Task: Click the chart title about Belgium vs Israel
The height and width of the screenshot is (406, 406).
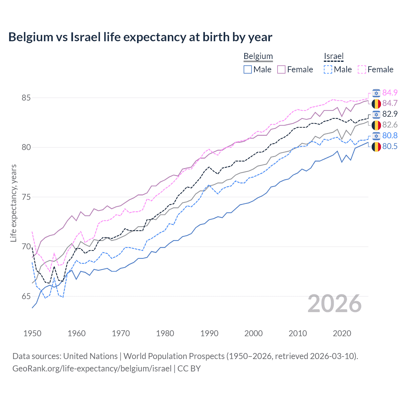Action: click(140, 37)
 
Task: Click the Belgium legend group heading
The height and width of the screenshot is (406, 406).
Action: click(258, 56)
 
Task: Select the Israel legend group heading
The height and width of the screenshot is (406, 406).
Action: click(333, 56)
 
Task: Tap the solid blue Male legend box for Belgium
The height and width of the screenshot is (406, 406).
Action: click(248, 69)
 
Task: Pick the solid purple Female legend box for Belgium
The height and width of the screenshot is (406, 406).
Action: click(281, 69)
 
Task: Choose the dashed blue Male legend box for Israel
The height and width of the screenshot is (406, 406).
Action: click(328, 69)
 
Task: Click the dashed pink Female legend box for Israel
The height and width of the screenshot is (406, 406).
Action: click(362, 69)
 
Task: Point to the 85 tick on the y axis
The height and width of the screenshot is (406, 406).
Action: click(26, 98)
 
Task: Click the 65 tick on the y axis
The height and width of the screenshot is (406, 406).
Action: click(26, 296)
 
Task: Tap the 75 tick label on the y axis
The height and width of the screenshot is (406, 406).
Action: click(26, 197)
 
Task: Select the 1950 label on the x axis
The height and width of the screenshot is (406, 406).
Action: click(32, 333)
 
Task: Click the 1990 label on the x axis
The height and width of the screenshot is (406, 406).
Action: click(209, 333)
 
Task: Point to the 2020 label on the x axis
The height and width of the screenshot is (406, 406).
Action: click(342, 333)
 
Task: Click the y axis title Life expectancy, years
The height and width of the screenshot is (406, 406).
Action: click(13, 203)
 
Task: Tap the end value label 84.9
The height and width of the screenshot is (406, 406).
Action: click(390, 93)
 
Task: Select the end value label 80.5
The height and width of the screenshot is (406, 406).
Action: click(390, 146)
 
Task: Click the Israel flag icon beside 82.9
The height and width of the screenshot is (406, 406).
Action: click(376, 114)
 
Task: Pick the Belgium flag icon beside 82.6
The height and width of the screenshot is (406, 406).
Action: click(376, 125)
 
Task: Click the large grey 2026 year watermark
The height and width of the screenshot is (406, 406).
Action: click(334, 304)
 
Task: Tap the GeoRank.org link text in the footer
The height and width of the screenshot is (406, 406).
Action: click(92, 369)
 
